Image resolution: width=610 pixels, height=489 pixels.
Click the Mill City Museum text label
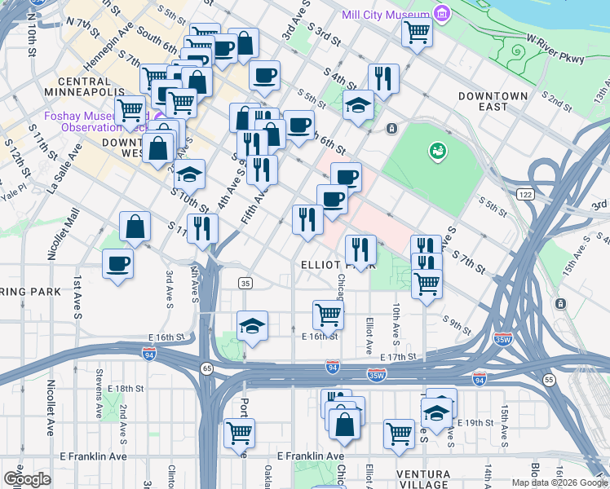(386, 15)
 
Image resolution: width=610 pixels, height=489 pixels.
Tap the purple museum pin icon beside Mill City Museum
(442, 14)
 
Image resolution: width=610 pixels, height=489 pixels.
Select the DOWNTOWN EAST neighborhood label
(493, 102)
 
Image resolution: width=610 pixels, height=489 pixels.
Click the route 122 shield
(524, 193)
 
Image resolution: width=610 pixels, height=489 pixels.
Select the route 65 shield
(207, 369)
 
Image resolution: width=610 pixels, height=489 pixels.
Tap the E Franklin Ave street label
(310, 456)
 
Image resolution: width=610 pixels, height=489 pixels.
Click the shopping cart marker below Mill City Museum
(417, 34)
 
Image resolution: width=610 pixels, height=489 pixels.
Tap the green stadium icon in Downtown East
(438, 151)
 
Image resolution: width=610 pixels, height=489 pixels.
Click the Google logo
(27, 478)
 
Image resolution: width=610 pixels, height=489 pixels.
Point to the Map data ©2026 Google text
(559, 482)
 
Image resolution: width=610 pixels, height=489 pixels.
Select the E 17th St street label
(398, 357)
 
